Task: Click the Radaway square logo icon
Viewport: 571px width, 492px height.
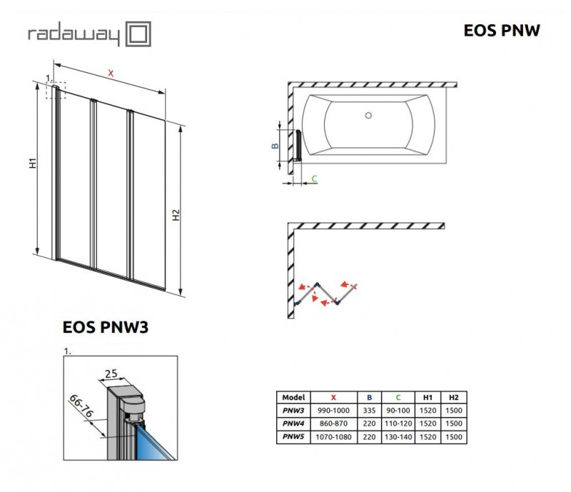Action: point(138,34)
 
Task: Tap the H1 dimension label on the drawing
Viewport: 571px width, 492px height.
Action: point(33,164)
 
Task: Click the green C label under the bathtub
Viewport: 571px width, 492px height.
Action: point(313,178)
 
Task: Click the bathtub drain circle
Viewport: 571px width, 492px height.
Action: point(369,115)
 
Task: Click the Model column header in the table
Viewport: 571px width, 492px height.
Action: point(293,397)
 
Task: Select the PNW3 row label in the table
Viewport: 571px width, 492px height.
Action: point(293,411)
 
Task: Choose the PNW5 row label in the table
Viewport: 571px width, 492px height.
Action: point(293,436)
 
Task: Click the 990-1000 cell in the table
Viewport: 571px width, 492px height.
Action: point(334,411)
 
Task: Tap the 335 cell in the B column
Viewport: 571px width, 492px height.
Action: point(369,411)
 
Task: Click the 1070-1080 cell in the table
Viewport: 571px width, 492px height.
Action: point(334,436)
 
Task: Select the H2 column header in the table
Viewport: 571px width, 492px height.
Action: point(453,397)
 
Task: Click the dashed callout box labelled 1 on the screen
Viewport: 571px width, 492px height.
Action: point(57,91)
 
